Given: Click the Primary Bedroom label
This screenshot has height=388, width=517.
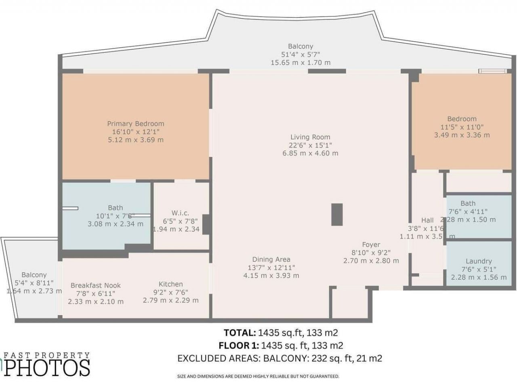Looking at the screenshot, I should click(x=135, y=124).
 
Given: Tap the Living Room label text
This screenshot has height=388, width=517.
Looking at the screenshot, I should click(x=310, y=137).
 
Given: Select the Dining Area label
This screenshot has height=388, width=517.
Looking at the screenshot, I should click(x=271, y=259).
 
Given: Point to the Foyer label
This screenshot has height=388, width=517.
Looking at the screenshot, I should click(x=371, y=245).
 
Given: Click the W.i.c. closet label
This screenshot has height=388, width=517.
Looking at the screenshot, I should click(x=180, y=213).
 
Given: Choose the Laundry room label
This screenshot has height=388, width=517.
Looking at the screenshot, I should click(x=479, y=261).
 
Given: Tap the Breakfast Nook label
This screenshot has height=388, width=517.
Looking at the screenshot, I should click(x=96, y=285).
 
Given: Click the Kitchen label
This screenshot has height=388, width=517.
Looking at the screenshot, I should click(x=170, y=284).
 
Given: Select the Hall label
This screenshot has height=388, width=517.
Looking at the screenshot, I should click(x=427, y=220).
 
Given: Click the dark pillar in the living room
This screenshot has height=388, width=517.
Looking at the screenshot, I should click(x=337, y=214).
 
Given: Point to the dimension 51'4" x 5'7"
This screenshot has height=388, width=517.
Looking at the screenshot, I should click(x=301, y=55).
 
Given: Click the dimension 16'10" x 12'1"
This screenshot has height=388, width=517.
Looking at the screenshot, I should click(x=135, y=132).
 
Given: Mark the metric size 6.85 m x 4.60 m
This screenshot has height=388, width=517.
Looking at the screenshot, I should click(x=310, y=153).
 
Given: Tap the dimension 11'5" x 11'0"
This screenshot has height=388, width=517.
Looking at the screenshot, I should click(x=462, y=127).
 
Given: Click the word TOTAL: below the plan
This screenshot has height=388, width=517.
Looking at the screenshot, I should click(x=240, y=333).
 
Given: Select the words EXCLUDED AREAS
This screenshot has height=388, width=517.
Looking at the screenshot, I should click(x=219, y=358).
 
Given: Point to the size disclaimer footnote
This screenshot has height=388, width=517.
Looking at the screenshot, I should click(x=258, y=376).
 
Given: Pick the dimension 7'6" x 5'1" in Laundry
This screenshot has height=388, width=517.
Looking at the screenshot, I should click(x=479, y=269).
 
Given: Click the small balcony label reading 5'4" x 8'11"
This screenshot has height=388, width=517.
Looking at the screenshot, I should click(x=34, y=283).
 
